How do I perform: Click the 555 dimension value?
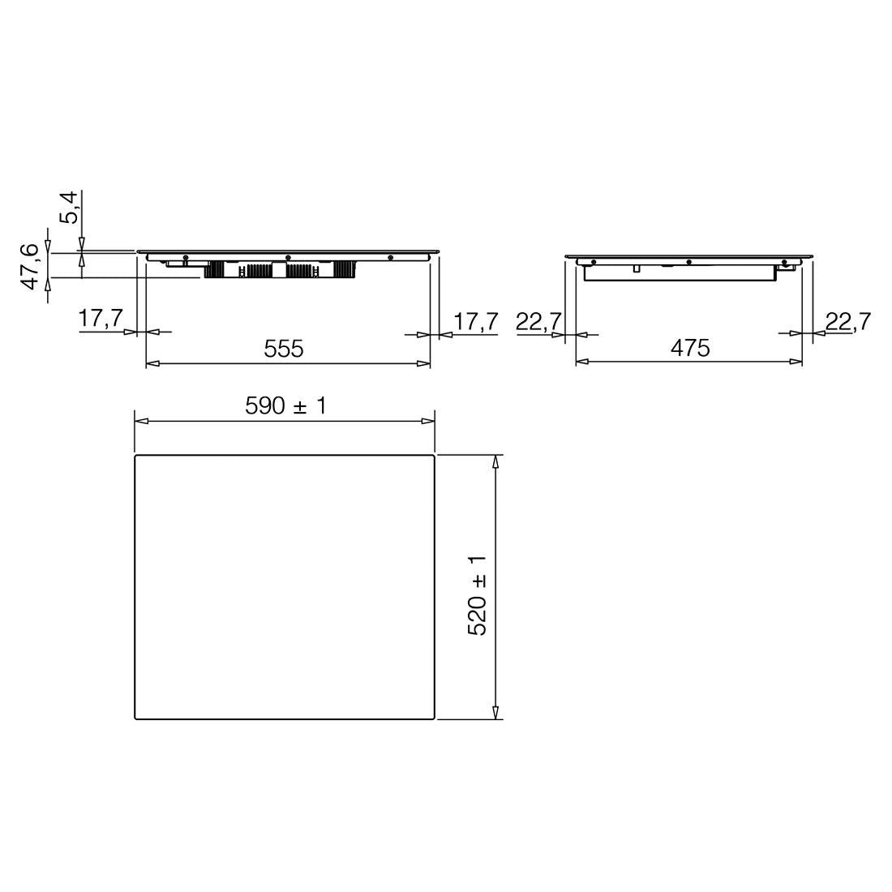coord(283,348)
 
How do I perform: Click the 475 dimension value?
coord(690,348)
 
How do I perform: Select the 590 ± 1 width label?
coord(286,405)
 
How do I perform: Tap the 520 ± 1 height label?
coord(477,595)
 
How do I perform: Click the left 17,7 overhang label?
coord(100,318)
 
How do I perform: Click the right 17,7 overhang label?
coord(475,321)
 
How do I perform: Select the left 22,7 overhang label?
coord(538,321)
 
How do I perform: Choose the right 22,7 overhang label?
coord(847,321)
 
